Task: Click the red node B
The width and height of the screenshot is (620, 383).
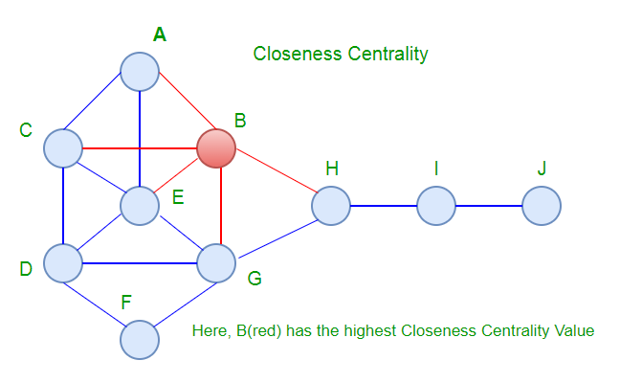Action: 215,148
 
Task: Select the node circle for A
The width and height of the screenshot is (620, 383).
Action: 140,72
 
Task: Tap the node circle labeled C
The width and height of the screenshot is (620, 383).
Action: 63,148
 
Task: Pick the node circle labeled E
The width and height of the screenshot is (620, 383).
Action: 140,205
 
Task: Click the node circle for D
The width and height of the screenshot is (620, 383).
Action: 63,261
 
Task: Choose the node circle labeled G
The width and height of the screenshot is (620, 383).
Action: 215,261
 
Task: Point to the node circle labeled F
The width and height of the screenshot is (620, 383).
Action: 140,338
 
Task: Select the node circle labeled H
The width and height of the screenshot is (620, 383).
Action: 330,206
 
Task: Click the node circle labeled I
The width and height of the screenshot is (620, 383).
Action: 435,206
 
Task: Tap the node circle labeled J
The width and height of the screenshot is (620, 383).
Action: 541,206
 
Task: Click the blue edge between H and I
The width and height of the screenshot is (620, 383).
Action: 383,206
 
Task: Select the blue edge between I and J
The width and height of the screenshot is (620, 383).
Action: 488,206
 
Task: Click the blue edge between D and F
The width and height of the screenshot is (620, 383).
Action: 101,300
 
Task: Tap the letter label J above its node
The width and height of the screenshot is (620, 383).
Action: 542,169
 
